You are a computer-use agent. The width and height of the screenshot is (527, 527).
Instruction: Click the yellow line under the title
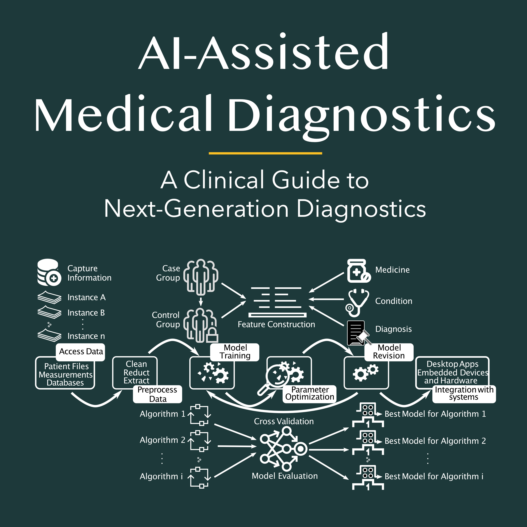[265, 153]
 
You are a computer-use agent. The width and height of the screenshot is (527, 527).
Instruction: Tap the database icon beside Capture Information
[49, 272]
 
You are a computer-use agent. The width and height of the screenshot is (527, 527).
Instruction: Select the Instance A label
[86, 297]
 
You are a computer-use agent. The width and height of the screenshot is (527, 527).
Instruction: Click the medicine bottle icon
[358, 271]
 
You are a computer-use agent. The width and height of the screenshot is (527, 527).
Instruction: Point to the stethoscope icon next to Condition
[357, 302]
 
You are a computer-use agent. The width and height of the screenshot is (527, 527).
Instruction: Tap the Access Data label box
[81, 352]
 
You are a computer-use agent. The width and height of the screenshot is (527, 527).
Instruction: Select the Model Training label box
[235, 352]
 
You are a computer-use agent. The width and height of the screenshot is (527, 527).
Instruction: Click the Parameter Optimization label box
[310, 393]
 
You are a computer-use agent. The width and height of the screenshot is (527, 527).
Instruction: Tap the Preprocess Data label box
[157, 394]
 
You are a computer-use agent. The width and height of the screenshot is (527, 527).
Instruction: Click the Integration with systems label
[464, 393]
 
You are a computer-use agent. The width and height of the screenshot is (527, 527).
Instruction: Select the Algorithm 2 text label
[162, 440]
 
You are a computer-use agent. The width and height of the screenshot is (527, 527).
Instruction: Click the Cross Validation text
[284, 421]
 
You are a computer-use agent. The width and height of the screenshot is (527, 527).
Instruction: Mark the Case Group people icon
[201, 277]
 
